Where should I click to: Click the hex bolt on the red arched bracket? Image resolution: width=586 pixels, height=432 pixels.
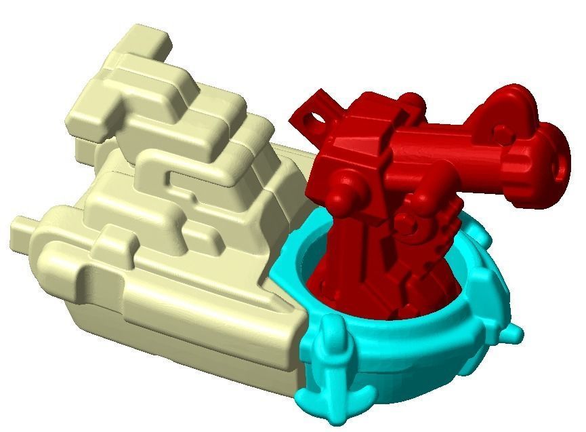(x=501, y=134)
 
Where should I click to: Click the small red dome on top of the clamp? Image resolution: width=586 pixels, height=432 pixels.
(x=412, y=102)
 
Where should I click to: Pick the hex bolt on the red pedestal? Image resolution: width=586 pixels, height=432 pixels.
(x=404, y=223)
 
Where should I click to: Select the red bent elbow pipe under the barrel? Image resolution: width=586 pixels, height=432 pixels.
(x=434, y=186)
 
